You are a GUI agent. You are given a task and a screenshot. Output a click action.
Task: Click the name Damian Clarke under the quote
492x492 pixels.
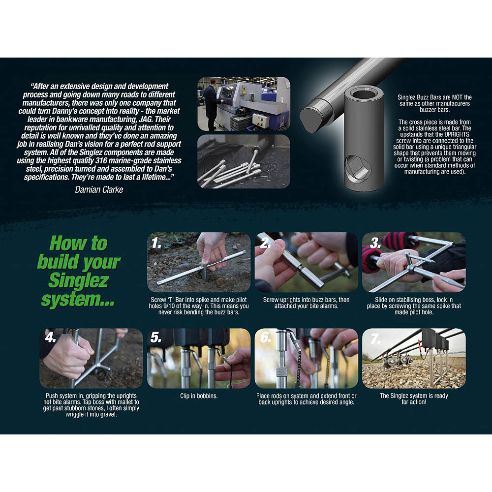[99, 189]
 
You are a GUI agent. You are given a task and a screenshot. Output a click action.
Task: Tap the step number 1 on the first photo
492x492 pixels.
[156, 243]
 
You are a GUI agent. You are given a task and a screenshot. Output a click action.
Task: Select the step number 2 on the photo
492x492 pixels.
[266, 243]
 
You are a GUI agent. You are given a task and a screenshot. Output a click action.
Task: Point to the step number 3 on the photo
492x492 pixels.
[375, 243]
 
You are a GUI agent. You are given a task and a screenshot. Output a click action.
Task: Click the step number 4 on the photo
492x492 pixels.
[50, 338]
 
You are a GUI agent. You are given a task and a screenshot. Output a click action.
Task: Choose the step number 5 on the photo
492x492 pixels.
[155, 338]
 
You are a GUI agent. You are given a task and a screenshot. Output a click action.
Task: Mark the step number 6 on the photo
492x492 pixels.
[266, 338]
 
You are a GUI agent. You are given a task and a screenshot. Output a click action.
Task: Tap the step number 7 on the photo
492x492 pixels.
[375, 338]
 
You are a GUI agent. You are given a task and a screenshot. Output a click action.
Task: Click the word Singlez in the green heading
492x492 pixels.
[78, 280]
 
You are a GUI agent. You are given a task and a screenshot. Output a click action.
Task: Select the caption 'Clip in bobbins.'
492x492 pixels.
[199, 396]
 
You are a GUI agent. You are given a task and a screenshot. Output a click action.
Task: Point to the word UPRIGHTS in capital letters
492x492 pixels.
[457, 134]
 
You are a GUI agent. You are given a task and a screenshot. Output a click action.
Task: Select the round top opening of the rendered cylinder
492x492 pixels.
[364, 93]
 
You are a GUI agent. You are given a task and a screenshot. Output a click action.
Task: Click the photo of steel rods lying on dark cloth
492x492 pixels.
[244, 161]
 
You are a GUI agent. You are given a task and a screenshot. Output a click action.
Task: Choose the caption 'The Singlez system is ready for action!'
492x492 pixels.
[414, 399]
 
